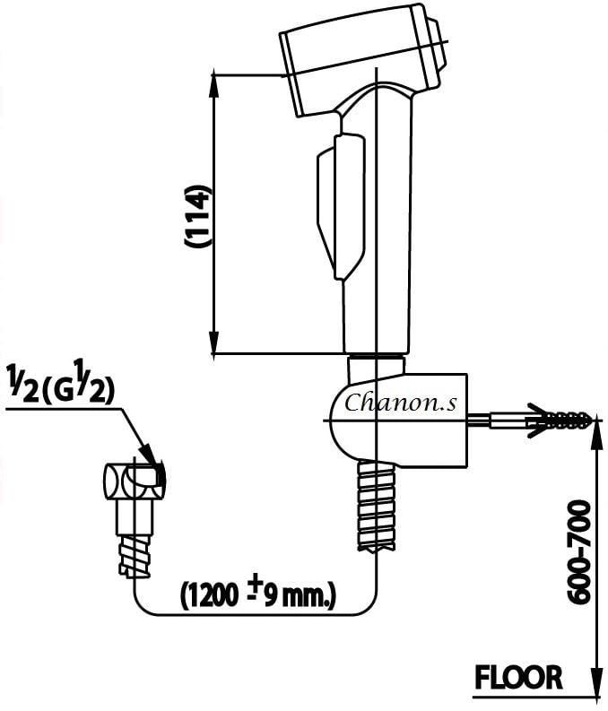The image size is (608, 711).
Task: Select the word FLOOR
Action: pyautogui.click(x=519, y=678)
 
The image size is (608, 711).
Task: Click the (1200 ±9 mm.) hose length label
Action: pyautogui.click(x=258, y=594)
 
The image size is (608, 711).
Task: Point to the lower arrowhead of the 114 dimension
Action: pyautogui.click(x=214, y=344)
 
